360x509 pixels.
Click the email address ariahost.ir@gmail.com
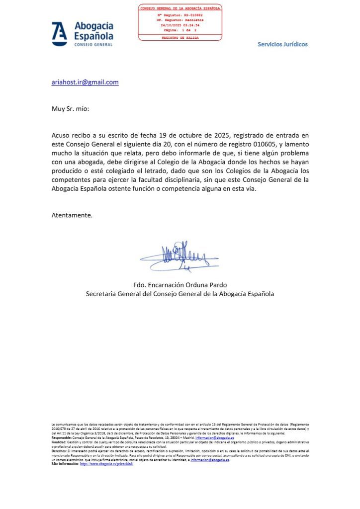pyautogui.click(x=85, y=83)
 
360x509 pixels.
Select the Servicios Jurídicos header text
pyautogui.click(x=282, y=44)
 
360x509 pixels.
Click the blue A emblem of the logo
pyautogui.click(x=60, y=34)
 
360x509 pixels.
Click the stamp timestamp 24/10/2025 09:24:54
pyautogui.click(x=180, y=24)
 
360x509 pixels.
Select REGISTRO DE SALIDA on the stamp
pyautogui.click(x=180, y=37)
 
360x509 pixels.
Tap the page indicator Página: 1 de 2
pyautogui.click(x=180, y=29)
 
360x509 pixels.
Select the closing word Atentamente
pyautogui.click(x=72, y=215)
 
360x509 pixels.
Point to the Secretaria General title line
pyautogui.click(x=180, y=294)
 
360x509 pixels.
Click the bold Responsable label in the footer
pyautogui.click(x=63, y=437)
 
